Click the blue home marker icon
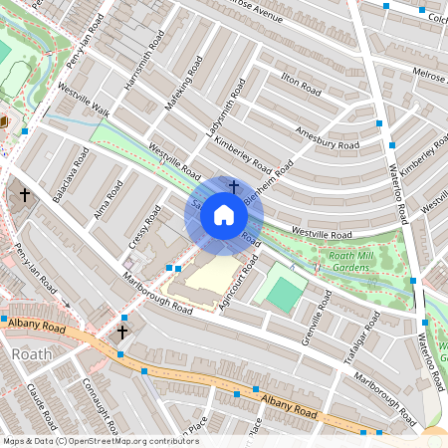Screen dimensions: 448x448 pyautogui.click(x=224, y=214)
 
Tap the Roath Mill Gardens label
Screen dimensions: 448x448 pyautogui.click(x=371, y=262)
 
